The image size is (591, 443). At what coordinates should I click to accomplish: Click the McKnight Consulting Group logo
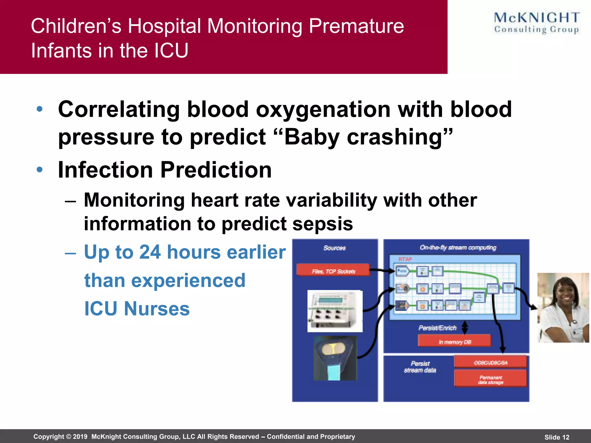click(536, 23)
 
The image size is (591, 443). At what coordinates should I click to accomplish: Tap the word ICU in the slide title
click(171, 50)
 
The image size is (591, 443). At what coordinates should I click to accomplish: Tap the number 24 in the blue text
click(150, 252)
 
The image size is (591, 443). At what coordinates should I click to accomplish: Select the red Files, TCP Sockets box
click(333, 271)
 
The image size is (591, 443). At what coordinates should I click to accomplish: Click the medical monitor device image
click(335, 311)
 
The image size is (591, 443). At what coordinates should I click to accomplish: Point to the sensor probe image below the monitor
click(335, 358)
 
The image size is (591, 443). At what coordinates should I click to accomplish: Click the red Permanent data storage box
click(490, 379)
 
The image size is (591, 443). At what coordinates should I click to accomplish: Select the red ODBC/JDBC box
click(490, 362)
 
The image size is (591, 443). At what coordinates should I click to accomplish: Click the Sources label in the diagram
click(334, 248)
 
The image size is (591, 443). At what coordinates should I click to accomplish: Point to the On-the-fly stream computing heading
click(458, 247)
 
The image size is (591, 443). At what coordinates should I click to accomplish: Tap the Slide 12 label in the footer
click(557, 437)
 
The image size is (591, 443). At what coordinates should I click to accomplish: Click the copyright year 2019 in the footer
click(80, 436)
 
